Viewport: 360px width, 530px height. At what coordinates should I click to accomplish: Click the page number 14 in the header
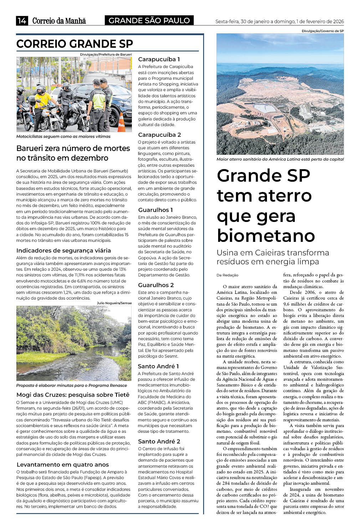(22, 21)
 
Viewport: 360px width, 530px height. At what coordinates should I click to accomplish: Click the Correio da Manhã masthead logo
(59, 21)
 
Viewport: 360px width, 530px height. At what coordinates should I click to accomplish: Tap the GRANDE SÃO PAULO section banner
(149, 21)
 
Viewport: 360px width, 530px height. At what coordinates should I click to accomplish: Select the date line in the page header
(279, 22)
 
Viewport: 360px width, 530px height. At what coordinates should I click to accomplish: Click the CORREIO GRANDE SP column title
(74, 44)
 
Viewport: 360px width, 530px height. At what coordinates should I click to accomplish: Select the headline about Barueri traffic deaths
(73, 153)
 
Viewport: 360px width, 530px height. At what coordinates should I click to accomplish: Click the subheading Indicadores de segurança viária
(63, 250)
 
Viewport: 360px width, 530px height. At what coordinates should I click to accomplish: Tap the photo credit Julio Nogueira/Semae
(114, 303)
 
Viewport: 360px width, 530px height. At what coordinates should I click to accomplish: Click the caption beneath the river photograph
(71, 385)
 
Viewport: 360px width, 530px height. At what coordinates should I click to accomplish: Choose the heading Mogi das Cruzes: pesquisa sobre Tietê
(73, 395)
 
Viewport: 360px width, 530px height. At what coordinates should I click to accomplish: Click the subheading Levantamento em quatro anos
(62, 464)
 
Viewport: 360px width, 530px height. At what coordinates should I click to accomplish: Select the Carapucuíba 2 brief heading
(159, 135)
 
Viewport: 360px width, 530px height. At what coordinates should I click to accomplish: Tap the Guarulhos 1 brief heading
(155, 210)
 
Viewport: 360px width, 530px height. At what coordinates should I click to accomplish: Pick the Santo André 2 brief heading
(159, 441)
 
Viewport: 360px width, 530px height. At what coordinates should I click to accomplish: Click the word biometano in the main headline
(266, 235)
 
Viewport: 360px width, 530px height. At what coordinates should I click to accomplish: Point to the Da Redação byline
(227, 275)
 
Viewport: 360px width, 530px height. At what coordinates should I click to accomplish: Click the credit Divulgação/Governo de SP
(323, 31)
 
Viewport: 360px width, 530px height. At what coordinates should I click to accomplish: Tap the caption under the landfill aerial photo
(280, 159)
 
